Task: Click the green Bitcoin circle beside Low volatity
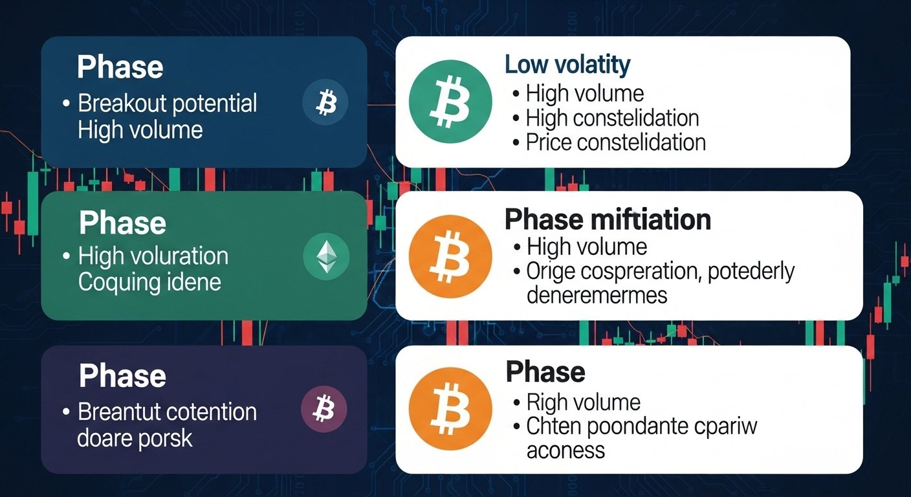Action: (x=441, y=102)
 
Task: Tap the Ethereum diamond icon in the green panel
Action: (x=326, y=258)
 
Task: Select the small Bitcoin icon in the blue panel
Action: (x=325, y=103)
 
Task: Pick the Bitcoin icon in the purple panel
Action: (x=324, y=409)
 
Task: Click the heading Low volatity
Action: (x=567, y=65)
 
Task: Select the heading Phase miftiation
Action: (x=608, y=219)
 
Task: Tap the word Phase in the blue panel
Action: (x=120, y=67)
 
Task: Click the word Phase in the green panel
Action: (x=122, y=223)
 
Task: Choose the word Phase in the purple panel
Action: (x=122, y=376)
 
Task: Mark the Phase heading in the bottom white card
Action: (x=545, y=371)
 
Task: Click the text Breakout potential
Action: (x=168, y=104)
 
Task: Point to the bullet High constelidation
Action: (x=612, y=118)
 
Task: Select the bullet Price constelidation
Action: (x=615, y=142)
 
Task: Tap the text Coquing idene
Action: (x=149, y=282)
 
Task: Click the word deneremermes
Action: (x=597, y=295)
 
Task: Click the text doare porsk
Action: (x=135, y=438)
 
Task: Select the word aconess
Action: (x=565, y=450)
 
